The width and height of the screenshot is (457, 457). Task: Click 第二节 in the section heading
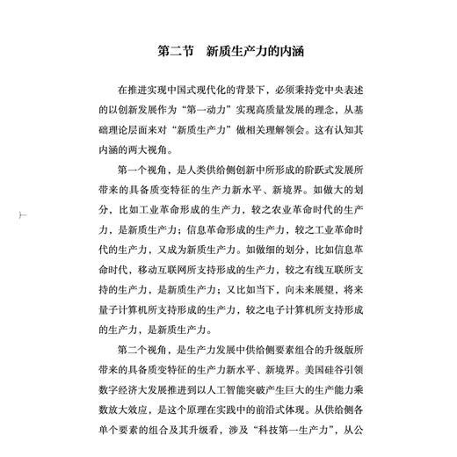[x=177, y=51]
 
